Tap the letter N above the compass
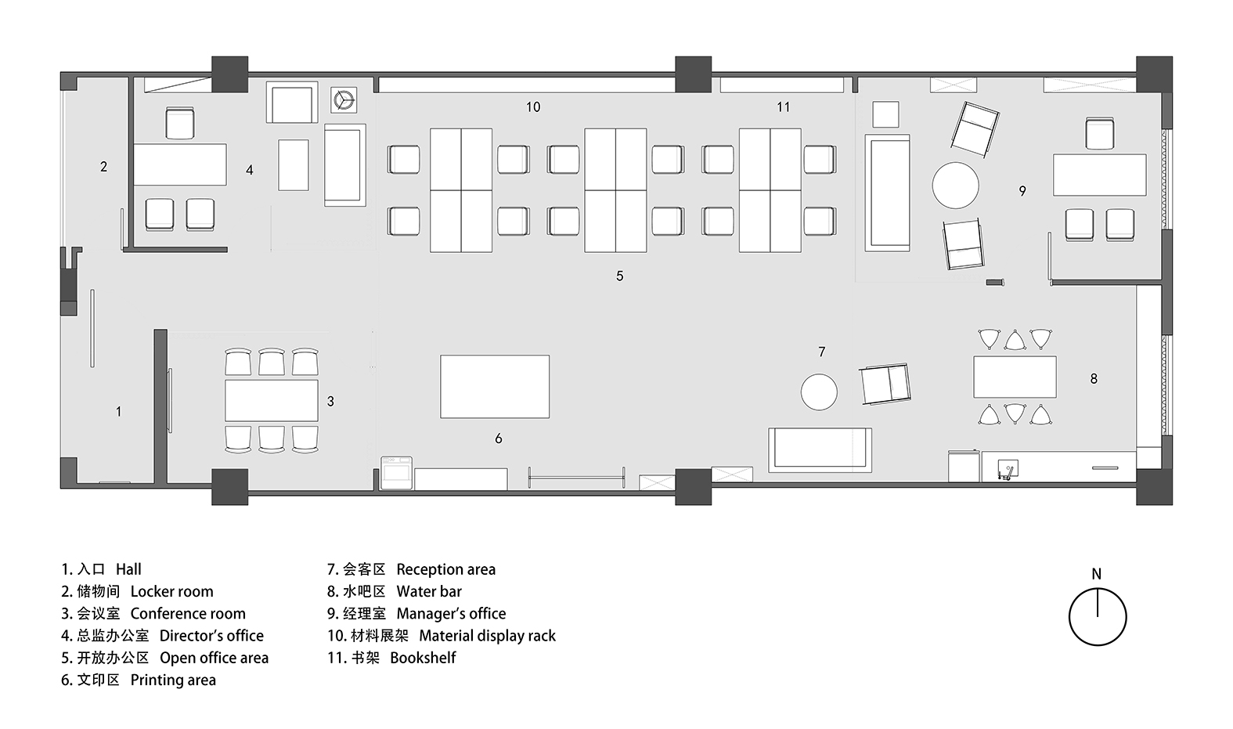pyautogui.click(x=1097, y=574)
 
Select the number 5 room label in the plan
pyautogui.click(x=620, y=276)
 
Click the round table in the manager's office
pyautogui.click(x=956, y=185)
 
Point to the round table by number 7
pyautogui.click(x=819, y=392)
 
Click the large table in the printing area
pyautogui.click(x=495, y=387)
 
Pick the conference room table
pyautogui.click(x=272, y=400)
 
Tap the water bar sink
pyautogui.click(x=1008, y=469)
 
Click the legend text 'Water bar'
pyautogui.click(x=429, y=591)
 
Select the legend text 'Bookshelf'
pyautogui.click(x=424, y=658)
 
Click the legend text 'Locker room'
pyautogui.click(x=171, y=591)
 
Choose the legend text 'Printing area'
pyautogui.click(x=173, y=680)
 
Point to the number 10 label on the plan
pyautogui.click(x=533, y=106)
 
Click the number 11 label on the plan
pyautogui.click(x=784, y=106)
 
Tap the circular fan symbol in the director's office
pyautogui.click(x=344, y=101)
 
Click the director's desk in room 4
pyautogui.click(x=180, y=164)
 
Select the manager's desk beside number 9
pyautogui.click(x=1100, y=175)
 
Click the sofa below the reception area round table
pyautogui.click(x=820, y=450)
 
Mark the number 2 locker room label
pyautogui.click(x=103, y=166)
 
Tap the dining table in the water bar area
pyautogui.click(x=1015, y=377)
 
